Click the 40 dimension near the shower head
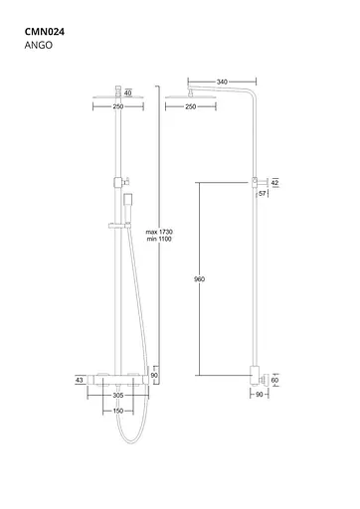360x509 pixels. (127, 93)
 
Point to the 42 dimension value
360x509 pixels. (275, 183)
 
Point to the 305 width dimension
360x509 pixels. (118, 394)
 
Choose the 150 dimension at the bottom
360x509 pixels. (118, 410)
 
